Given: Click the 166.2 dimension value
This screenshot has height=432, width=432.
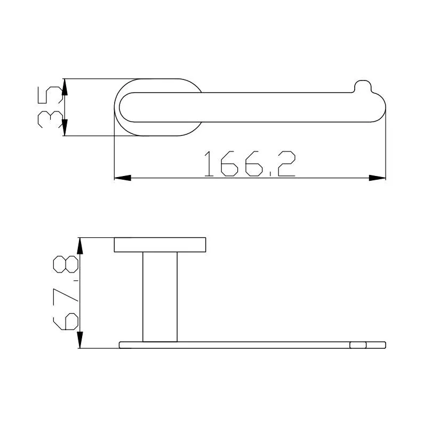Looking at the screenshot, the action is click(250, 164).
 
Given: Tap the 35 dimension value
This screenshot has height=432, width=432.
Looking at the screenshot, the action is click(50, 107).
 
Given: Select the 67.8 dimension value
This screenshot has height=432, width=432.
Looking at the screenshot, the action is click(66, 293).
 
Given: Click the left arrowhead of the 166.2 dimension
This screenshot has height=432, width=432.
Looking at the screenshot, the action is click(123, 178).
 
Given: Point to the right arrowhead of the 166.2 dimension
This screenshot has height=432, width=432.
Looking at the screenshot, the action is click(377, 178).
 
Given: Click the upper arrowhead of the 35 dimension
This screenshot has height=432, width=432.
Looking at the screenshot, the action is click(65, 87).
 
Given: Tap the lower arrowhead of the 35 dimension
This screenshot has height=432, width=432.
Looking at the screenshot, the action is click(65, 127).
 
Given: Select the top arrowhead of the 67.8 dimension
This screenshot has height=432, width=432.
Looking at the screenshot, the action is click(80, 246).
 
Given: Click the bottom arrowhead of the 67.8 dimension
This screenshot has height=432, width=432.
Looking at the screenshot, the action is click(80, 340).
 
